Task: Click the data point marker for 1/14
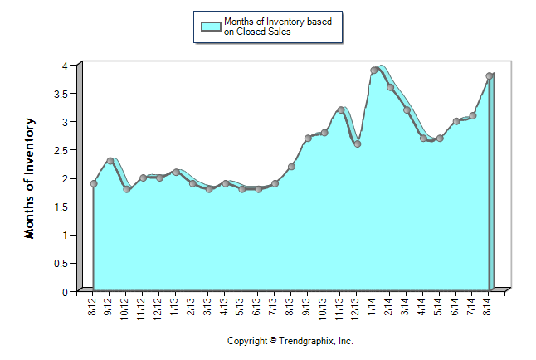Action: pyautogui.click(x=373, y=71)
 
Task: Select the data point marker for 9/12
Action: pyautogui.click(x=110, y=161)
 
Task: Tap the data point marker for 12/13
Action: pyautogui.click(x=357, y=144)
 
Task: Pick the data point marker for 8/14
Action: pyautogui.click(x=490, y=76)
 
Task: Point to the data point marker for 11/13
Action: pyautogui.click(x=340, y=110)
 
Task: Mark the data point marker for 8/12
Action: pyautogui.click(x=94, y=183)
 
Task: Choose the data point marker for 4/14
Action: pyautogui.click(x=423, y=139)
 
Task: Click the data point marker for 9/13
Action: pyautogui.click(x=307, y=139)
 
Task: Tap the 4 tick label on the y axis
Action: pyautogui.click(x=65, y=65)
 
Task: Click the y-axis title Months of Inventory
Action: pyautogui.click(x=30, y=178)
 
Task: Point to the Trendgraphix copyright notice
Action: pyautogui.click(x=290, y=341)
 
